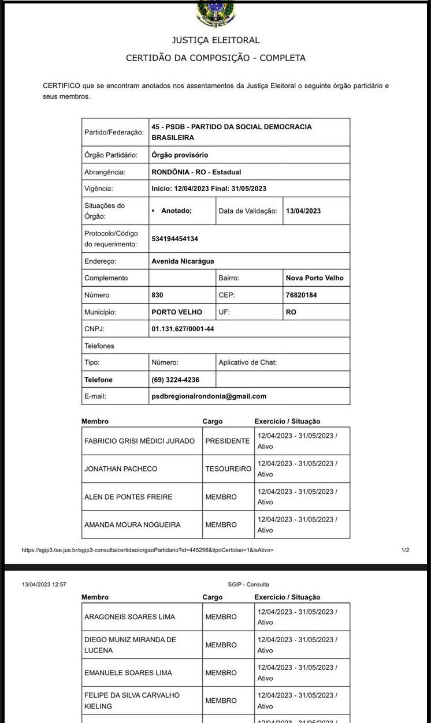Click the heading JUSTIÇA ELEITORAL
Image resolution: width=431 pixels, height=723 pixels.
point(216,40)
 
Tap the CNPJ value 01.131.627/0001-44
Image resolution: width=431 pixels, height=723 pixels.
point(181,329)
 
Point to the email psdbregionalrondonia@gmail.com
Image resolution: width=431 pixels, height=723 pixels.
point(209,396)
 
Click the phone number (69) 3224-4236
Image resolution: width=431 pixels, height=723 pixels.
point(176,380)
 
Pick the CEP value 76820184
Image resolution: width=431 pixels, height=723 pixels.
point(301,295)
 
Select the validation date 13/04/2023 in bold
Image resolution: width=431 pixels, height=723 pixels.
point(303,211)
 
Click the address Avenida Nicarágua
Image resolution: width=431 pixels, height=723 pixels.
point(183,261)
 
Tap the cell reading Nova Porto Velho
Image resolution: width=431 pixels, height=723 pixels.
point(314,278)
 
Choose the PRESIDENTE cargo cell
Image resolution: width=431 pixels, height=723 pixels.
point(228,441)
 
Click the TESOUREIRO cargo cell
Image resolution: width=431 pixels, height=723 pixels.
point(228,469)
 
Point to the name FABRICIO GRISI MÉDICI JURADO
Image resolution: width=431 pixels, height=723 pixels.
point(140,441)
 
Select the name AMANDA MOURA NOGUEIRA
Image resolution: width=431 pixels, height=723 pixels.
point(132,525)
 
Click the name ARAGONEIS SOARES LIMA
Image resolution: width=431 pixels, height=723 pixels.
point(129,617)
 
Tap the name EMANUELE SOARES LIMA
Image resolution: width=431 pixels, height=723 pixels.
point(128,673)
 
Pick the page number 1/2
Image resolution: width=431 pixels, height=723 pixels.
point(405,550)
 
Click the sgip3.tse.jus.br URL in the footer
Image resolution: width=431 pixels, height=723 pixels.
point(147,550)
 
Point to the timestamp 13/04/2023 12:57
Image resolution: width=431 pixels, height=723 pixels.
point(44,585)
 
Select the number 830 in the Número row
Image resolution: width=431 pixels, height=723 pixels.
point(157,295)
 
